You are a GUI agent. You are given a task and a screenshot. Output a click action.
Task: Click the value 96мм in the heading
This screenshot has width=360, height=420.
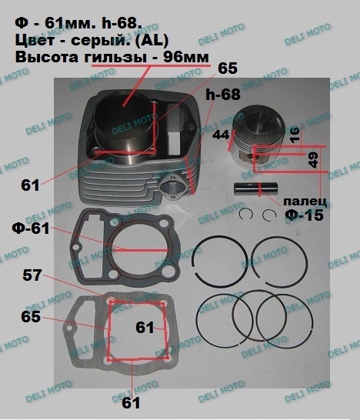pyautogui.click(x=186, y=57)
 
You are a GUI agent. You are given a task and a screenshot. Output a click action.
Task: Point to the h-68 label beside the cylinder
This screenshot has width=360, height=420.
pyautogui.click(x=223, y=95)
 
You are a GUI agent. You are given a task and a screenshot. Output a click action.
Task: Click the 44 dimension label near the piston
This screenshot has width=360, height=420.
pyautogui.click(x=221, y=135)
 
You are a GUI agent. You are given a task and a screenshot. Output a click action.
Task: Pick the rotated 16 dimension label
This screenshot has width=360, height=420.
pyautogui.click(x=295, y=135)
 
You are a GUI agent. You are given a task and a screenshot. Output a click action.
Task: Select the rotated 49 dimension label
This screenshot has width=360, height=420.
pyautogui.click(x=313, y=160)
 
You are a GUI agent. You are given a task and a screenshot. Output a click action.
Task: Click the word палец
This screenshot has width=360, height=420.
pyautogui.click(x=305, y=202)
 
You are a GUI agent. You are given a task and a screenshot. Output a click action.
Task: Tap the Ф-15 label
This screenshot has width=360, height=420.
pyautogui.click(x=304, y=215)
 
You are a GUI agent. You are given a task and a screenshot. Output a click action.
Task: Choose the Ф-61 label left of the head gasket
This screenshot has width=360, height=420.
pyautogui.click(x=31, y=228)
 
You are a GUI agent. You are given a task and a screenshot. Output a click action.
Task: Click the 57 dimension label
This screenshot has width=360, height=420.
pyautogui.click(x=32, y=275)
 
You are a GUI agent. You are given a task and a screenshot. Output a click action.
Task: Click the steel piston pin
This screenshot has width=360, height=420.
pyautogui.click(x=255, y=188)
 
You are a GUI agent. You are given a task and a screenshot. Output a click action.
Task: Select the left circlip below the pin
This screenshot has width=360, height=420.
pyautogui.click(x=246, y=215)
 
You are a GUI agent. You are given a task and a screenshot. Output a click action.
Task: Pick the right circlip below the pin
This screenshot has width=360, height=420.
pyautogui.click(x=269, y=215)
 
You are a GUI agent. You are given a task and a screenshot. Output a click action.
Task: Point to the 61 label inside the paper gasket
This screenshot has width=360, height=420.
pyautogui.click(x=145, y=328)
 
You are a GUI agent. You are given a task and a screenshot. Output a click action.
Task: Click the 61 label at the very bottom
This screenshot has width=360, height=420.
pyautogui.click(x=131, y=403)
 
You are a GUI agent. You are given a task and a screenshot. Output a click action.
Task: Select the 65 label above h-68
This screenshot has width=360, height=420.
pyautogui.click(x=228, y=68)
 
